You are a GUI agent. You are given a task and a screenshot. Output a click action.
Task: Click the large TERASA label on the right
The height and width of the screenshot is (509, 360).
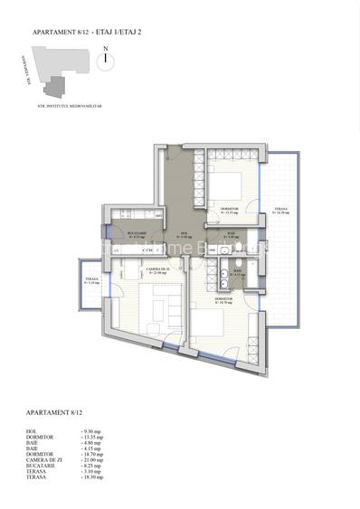pyautogui.click(x=281, y=213)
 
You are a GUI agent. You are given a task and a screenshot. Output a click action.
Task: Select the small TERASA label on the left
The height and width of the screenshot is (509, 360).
pyautogui.click(x=91, y=281)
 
